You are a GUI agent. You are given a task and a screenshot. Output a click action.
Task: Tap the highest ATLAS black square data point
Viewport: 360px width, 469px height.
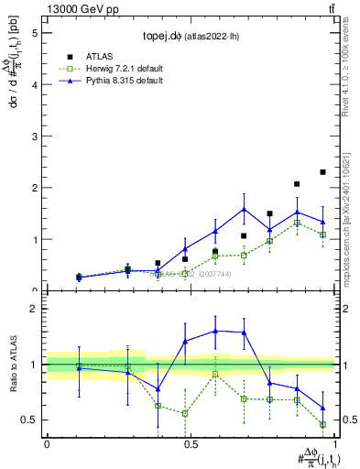pos(322,172)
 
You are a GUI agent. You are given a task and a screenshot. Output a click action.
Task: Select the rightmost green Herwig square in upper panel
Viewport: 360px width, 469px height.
pos(322,235)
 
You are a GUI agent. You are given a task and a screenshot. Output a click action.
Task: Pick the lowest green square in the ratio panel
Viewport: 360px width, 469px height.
pos(322,424)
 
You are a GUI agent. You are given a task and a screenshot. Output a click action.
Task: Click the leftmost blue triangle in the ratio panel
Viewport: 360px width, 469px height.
pos(79,367)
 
